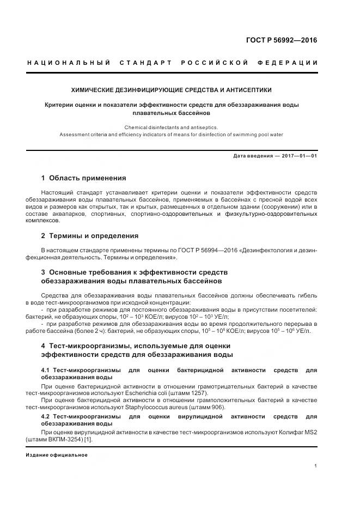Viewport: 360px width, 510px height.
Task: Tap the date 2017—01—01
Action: click(x=300, y=156)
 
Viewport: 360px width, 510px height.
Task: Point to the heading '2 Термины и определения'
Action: click(x=90, y=236)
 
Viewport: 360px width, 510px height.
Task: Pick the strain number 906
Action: click(x=217, y=407)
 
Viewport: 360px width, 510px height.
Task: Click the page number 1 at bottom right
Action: click(x=316, y=466)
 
